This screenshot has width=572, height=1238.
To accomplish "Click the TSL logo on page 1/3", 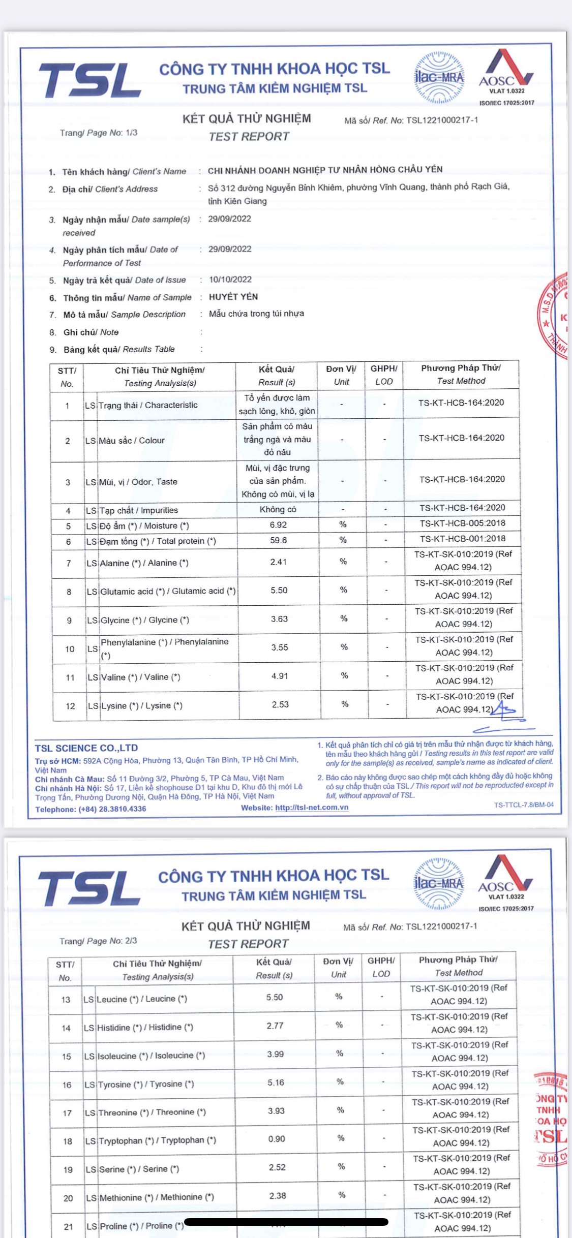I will click(89, 80).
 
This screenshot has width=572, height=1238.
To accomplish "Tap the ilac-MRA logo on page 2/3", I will click(439, 883).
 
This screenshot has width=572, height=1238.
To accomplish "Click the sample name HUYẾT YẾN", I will click(233, 297).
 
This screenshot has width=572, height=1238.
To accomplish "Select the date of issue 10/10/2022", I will click(230, 280).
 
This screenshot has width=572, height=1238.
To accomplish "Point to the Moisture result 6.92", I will click(278, 525).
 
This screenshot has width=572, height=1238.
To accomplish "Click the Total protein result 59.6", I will click(278, 540).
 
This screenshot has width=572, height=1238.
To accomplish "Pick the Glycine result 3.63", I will click(279, 619).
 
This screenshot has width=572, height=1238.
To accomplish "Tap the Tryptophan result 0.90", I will click(277, 1139).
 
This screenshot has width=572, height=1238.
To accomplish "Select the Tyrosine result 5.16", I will click(276, 1082).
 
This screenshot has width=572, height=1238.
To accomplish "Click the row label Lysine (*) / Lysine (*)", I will click(142, 705).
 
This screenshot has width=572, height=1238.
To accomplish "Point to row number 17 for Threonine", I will click(67, 1113).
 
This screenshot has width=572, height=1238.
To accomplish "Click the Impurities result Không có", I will click(278, 509).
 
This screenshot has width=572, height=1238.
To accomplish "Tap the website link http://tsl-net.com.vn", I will click(312, 808).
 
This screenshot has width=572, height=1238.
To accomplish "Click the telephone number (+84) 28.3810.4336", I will click(112, 809).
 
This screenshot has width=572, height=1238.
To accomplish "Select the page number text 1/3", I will click(131, 133).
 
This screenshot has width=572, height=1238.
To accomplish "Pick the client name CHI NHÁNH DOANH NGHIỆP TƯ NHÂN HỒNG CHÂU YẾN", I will click(325, 170).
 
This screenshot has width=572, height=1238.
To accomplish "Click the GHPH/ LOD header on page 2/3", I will click(381, 967).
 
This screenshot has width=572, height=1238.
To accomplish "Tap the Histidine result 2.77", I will click(275, 1026).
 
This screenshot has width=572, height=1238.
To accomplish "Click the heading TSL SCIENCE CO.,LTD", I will click(86, 748).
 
